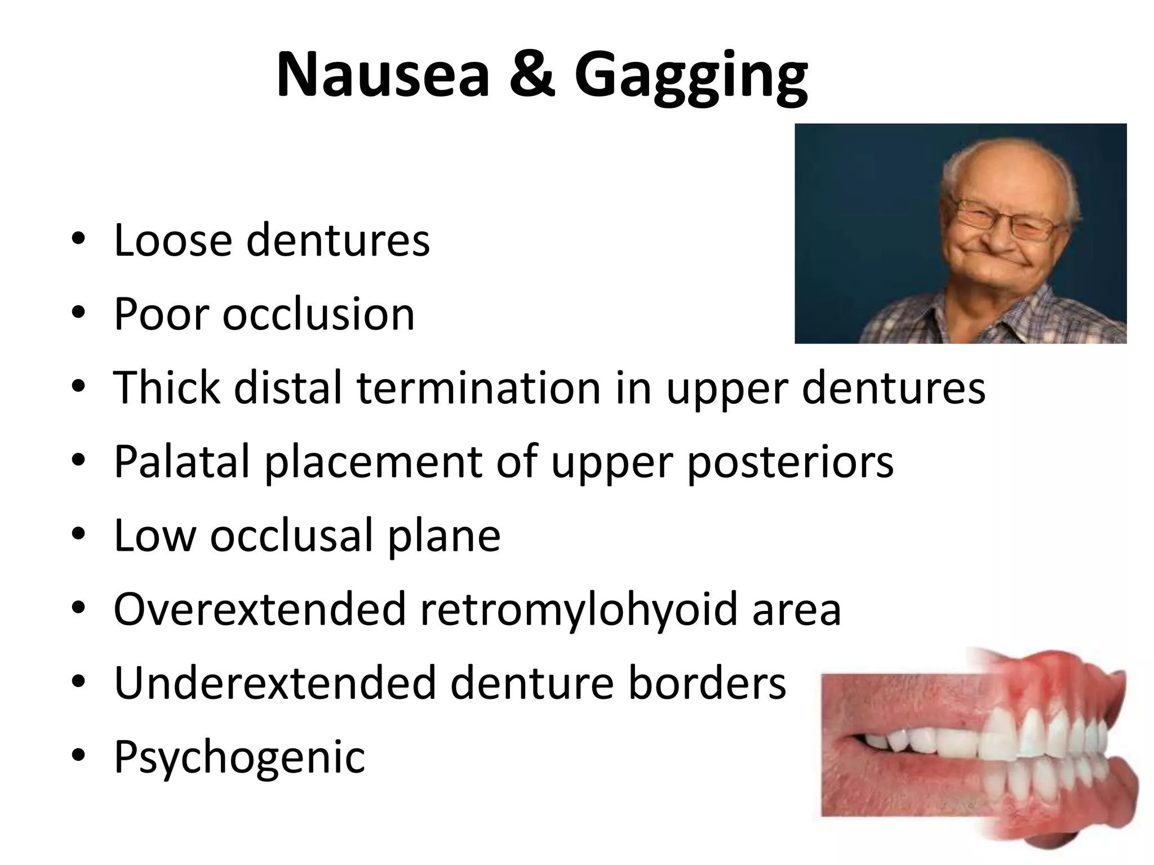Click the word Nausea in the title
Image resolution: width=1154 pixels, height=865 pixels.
pos(383,75)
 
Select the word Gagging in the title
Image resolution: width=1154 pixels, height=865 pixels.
pos(691,79)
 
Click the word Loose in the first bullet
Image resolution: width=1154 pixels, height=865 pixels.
pos(172,240)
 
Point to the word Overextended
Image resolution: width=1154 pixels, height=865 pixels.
pos(260,609)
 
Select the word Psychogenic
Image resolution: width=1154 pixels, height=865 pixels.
pos(239,757)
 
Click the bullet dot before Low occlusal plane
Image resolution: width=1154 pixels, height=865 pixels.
pos(78,536)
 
